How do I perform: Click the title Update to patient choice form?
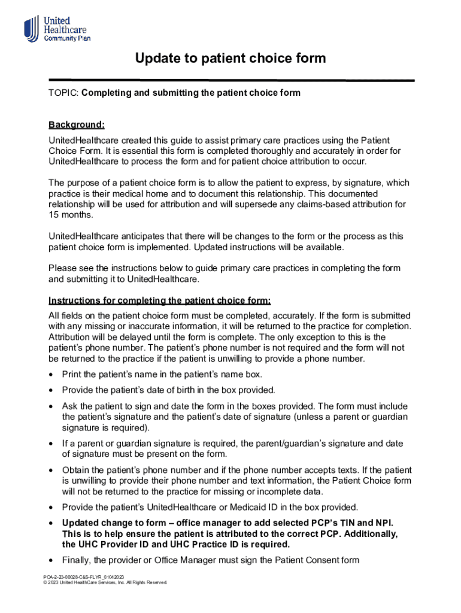(230, 58)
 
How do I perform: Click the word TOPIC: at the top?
(63, 93)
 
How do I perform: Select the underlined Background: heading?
(77, 125)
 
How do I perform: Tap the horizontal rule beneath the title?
(230, 80)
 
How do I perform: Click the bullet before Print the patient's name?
(52, 375)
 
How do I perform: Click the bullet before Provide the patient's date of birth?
(52, 390)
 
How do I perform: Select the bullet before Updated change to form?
(52, 523)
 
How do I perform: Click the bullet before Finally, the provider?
(52, 560)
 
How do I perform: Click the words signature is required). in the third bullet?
(106, 428)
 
